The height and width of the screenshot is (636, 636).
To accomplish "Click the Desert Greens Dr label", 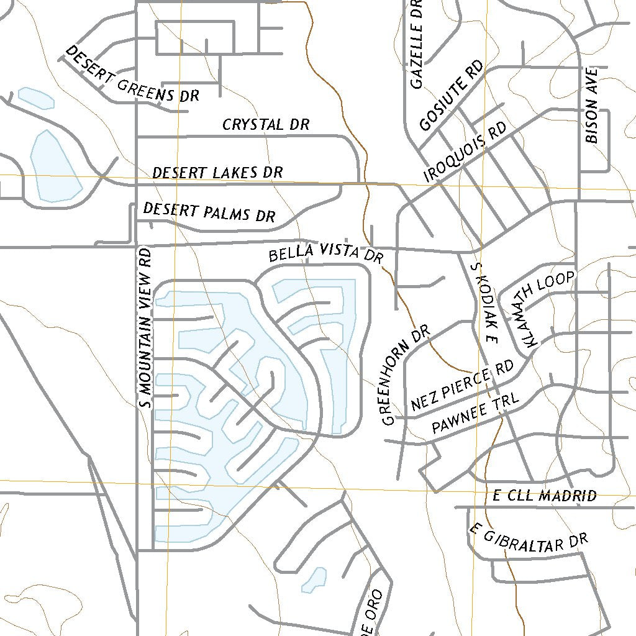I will point(132,75).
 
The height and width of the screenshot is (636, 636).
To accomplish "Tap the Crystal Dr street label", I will point(266,125).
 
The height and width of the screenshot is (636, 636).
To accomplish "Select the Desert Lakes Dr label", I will point(217,172).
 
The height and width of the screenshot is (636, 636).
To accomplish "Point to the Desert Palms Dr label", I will point(209,212).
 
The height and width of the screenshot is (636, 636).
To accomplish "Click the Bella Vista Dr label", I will point(326,253).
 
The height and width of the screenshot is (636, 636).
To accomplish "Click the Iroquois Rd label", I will point(466,152).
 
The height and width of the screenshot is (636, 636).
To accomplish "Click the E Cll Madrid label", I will point(545,496).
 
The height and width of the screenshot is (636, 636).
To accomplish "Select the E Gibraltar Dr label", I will point(528,538).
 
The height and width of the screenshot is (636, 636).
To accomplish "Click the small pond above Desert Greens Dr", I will point(35,98).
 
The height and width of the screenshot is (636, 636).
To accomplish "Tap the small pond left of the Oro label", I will point(318,578).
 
